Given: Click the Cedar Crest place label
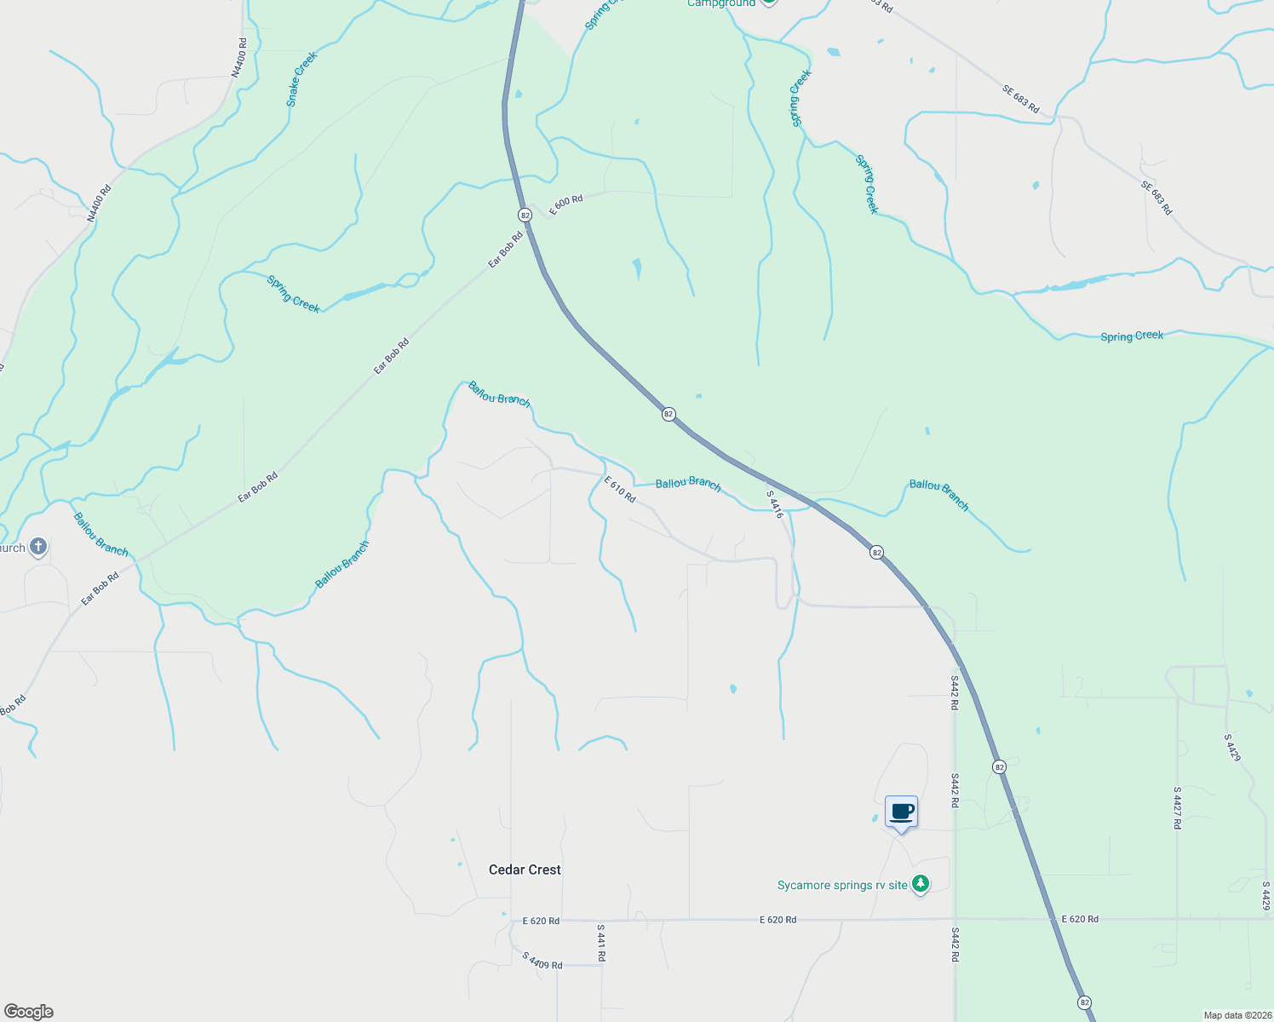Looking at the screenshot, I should (525, 870).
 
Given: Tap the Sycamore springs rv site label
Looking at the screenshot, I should (842, 886).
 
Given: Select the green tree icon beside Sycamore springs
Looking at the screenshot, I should (920, 885).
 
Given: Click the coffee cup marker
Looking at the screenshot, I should (901, 812).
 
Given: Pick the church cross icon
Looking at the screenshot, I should (38, 547).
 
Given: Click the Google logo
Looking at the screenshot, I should (28, 1012).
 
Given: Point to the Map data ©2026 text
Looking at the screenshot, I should (1236, 1015).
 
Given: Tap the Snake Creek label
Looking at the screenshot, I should (301, 79).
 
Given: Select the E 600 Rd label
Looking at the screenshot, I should (566, 205).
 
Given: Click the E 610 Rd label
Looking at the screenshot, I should (620, 490).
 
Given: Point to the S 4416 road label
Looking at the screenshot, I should (774, 504).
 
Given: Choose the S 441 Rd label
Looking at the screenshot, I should (600, 943).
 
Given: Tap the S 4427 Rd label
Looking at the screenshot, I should (1177, 807).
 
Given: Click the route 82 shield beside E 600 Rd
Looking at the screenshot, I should (525, 215).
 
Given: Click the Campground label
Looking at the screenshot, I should (720, 3).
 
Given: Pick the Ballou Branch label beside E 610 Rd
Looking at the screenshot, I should (688, 484).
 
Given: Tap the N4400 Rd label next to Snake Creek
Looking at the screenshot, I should (239, 58).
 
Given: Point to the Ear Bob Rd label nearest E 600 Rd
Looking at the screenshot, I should (506, 250).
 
